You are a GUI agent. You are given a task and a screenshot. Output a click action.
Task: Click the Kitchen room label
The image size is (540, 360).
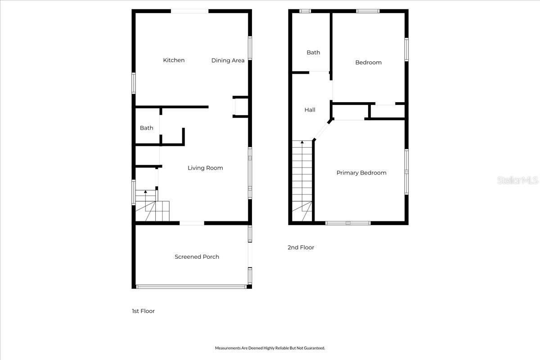click(x=174, y=60)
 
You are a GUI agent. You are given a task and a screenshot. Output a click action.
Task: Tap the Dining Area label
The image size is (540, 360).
click(x=228, y=60)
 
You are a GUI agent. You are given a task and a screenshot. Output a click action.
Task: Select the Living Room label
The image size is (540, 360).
click(x=205, y=168)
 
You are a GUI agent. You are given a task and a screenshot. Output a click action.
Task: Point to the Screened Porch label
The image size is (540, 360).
click(x=197, y=256)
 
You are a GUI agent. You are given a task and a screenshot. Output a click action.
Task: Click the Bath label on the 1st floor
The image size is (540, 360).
click(x=146, y=128)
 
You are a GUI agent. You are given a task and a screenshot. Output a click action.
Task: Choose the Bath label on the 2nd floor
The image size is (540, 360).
click(x=313, y=52)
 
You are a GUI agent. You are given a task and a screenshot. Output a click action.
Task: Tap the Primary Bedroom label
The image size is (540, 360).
click(x=361, y=173)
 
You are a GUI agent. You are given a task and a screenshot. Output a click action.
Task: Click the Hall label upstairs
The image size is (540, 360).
click(x=310, y=110)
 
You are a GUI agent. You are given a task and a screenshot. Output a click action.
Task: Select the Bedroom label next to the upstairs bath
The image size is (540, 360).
click(x=368, y=63)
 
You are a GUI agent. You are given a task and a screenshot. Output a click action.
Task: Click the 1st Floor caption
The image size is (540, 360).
click(x=143, y=311)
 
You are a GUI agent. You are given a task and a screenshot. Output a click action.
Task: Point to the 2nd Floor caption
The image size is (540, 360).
click(x=301, y=247)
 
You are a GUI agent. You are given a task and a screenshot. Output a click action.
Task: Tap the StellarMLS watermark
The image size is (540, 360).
click(x=517, y=180)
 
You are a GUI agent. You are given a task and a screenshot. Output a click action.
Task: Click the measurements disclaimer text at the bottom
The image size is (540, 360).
click(x=270, y=348)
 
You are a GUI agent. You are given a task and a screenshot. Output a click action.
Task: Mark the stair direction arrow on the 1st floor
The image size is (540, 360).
click(x=145, y=193)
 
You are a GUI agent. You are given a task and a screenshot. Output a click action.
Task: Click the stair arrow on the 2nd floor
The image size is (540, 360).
click(x=302, y=143)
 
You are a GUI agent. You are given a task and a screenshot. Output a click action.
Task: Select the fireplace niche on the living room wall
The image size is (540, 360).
click(x=238, y=107)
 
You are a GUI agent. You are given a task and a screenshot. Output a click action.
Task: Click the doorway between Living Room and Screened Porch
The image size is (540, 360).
click(x=192, y=223)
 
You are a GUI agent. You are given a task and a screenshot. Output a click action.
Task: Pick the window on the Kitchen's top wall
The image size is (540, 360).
click(x=189, y=11)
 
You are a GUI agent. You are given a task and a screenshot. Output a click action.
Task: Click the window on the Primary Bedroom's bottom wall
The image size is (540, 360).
click(x=348, y=223)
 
